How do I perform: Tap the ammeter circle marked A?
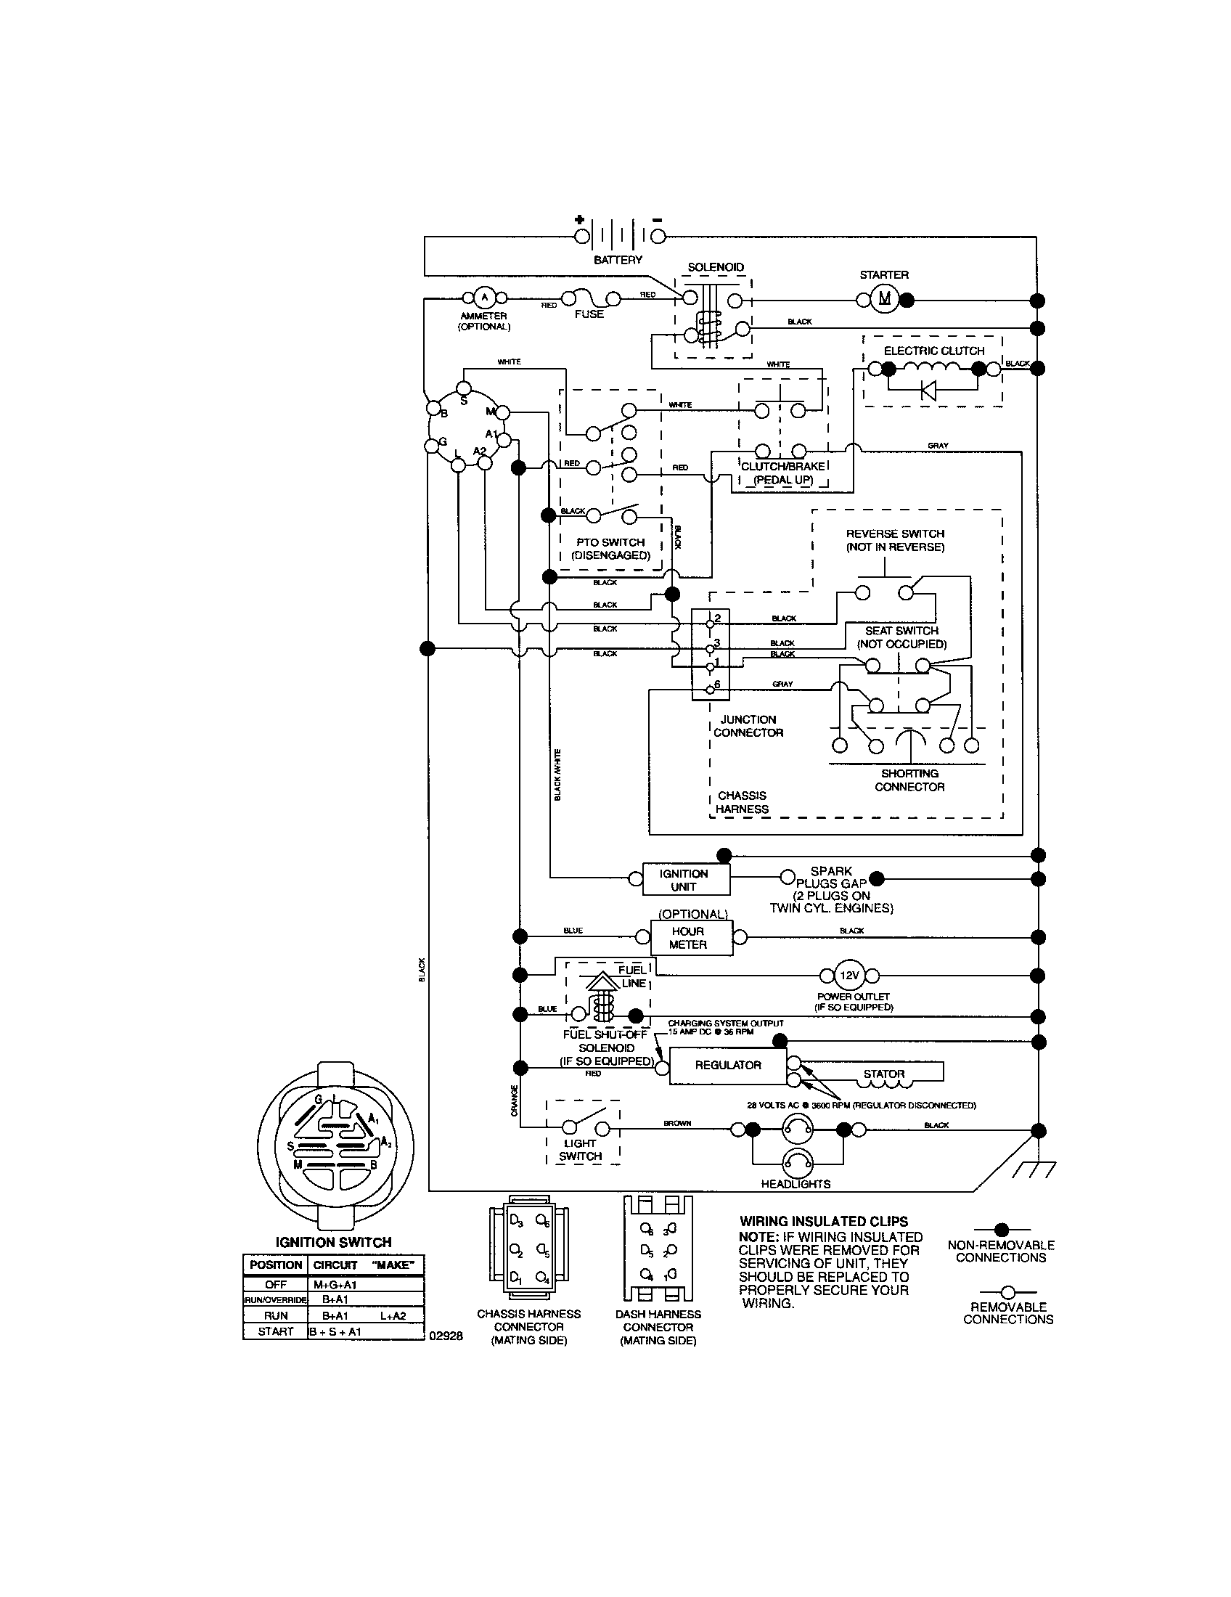pos(483,298)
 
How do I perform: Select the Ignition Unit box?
pos(686,880)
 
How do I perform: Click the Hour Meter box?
pos(687,937)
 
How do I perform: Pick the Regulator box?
pos(728,1066)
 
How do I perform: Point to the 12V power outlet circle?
pos(849,975)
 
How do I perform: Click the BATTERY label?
pos(618,260)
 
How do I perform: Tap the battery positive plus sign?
pos(579,219)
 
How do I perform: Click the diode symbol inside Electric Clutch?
pos(928,391)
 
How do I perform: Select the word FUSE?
pos(589,314)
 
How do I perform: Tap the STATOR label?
pos(884,1074)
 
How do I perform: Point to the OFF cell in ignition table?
pos(276,1284)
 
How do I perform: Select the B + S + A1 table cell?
pos(335,1331)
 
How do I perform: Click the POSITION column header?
pos(276,1265)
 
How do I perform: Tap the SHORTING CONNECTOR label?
pos(909,780)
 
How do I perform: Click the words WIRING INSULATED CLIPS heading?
pos(824,1221)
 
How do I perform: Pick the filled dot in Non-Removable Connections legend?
pos(1002,1229)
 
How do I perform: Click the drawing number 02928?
pos(446,1335)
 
